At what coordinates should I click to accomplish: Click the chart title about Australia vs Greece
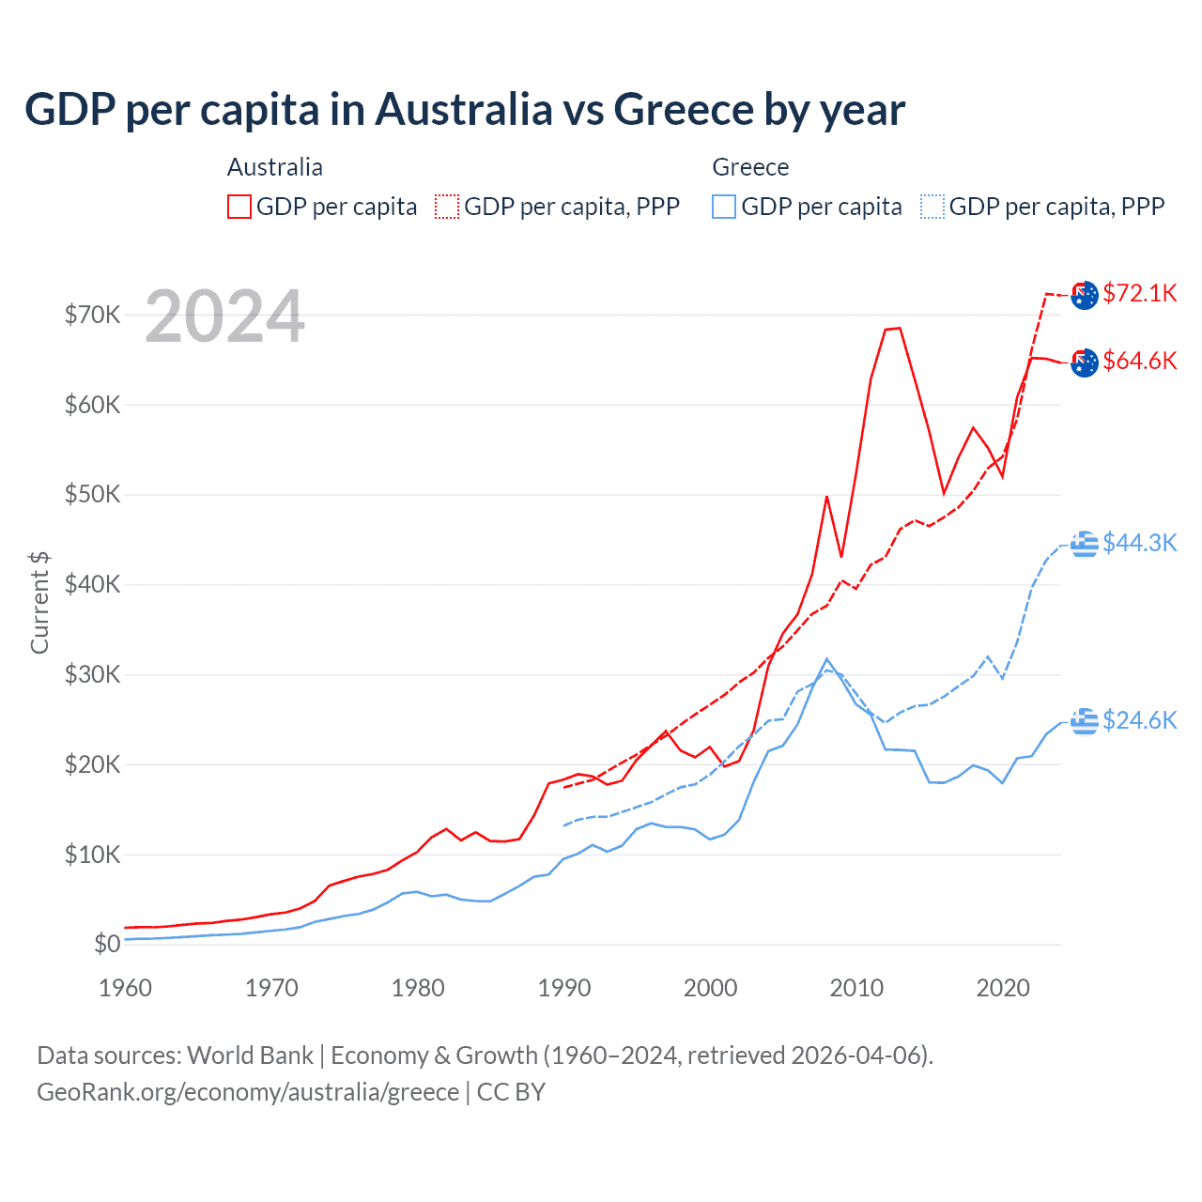465,110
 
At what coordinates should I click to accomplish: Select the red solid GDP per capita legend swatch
239,207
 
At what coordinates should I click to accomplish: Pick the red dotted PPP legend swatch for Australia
447,207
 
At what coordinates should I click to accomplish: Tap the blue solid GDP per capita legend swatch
724,207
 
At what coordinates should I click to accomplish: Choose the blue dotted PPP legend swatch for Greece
932,207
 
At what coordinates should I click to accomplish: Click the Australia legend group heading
275,167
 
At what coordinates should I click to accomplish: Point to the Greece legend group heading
750,167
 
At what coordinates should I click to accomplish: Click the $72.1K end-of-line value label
1139,293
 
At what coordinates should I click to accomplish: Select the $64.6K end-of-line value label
1139,361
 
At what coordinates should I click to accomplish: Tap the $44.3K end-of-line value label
1139,543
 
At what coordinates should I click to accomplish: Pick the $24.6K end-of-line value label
1139,720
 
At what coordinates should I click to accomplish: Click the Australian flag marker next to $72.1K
1085,295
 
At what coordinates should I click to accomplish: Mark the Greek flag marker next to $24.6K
1085,721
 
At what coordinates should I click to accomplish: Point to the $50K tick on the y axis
92,495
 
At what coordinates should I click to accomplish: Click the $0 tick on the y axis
107,945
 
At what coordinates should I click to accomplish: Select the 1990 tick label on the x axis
564,988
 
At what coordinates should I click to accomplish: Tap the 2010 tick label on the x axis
856,988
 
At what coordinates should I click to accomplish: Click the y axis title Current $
39,603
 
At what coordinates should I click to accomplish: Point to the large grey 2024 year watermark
224,316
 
